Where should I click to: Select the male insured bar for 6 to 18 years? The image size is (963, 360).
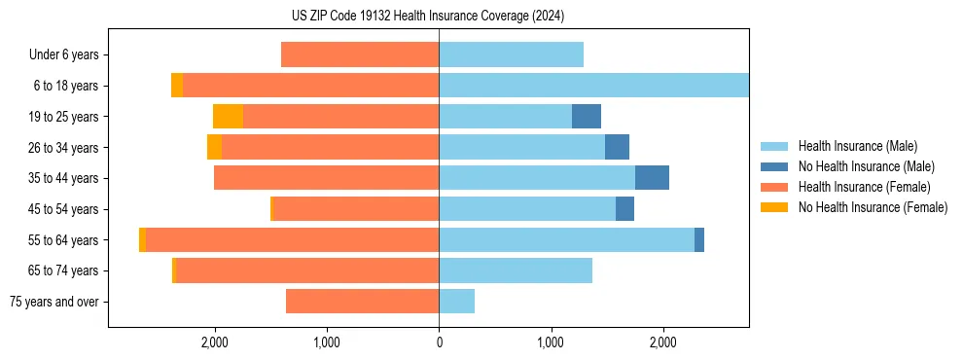click(x=593, y=86)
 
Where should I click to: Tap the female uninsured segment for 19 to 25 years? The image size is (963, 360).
click(x=228, y=117)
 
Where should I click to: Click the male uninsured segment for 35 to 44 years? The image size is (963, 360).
click(x=652, y=178)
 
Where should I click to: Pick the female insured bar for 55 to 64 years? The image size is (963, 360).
click(x=292, y=240)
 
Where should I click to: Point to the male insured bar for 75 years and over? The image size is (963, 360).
click(x=456, y=302)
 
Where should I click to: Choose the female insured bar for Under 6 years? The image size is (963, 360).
click(x=360, y=55)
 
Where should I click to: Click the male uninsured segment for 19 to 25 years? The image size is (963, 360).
click(x=587, y=117)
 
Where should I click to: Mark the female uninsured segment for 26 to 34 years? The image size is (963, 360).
click(x=214, y=148)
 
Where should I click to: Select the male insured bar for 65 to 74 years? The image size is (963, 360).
click(x=516, y=270)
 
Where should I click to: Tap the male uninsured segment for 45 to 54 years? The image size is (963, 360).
click(x=624, y=209)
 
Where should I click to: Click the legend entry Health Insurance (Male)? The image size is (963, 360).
click(x=857, y=146)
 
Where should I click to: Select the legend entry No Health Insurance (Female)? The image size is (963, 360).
click(x=873, y=207)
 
